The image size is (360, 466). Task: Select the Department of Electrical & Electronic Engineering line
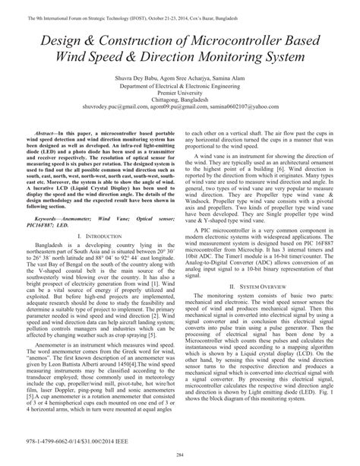[180, 87]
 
